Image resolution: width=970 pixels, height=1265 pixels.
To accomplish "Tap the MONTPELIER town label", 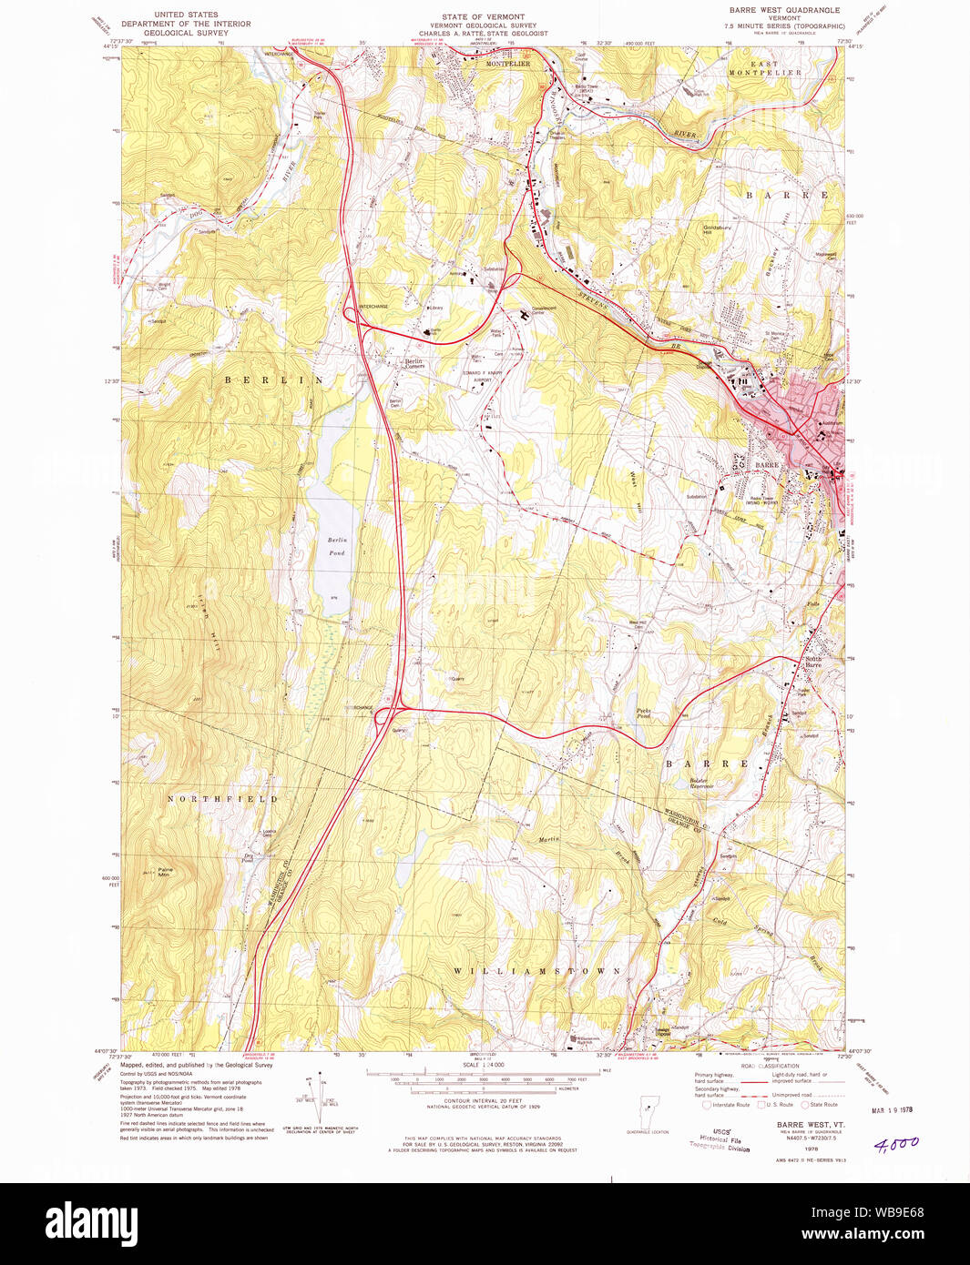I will [x=507, y=64].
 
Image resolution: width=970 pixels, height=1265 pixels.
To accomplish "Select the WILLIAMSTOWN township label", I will [x=537, y=971].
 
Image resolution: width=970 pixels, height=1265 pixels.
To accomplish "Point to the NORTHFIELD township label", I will [x=222, y=798].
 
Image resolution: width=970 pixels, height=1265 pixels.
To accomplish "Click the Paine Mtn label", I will [x=165, y=871].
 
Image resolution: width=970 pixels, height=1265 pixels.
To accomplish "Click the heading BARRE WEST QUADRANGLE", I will [x=783, y=10].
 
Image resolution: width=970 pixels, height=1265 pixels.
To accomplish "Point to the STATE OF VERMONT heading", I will [x=483, y=17].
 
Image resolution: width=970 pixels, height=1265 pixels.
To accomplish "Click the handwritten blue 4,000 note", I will [x=896, y=1144].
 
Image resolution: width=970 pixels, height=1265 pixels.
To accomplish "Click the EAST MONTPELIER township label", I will [x=765, y=68].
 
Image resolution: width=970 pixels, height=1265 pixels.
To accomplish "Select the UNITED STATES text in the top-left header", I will [x=186, y=15].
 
